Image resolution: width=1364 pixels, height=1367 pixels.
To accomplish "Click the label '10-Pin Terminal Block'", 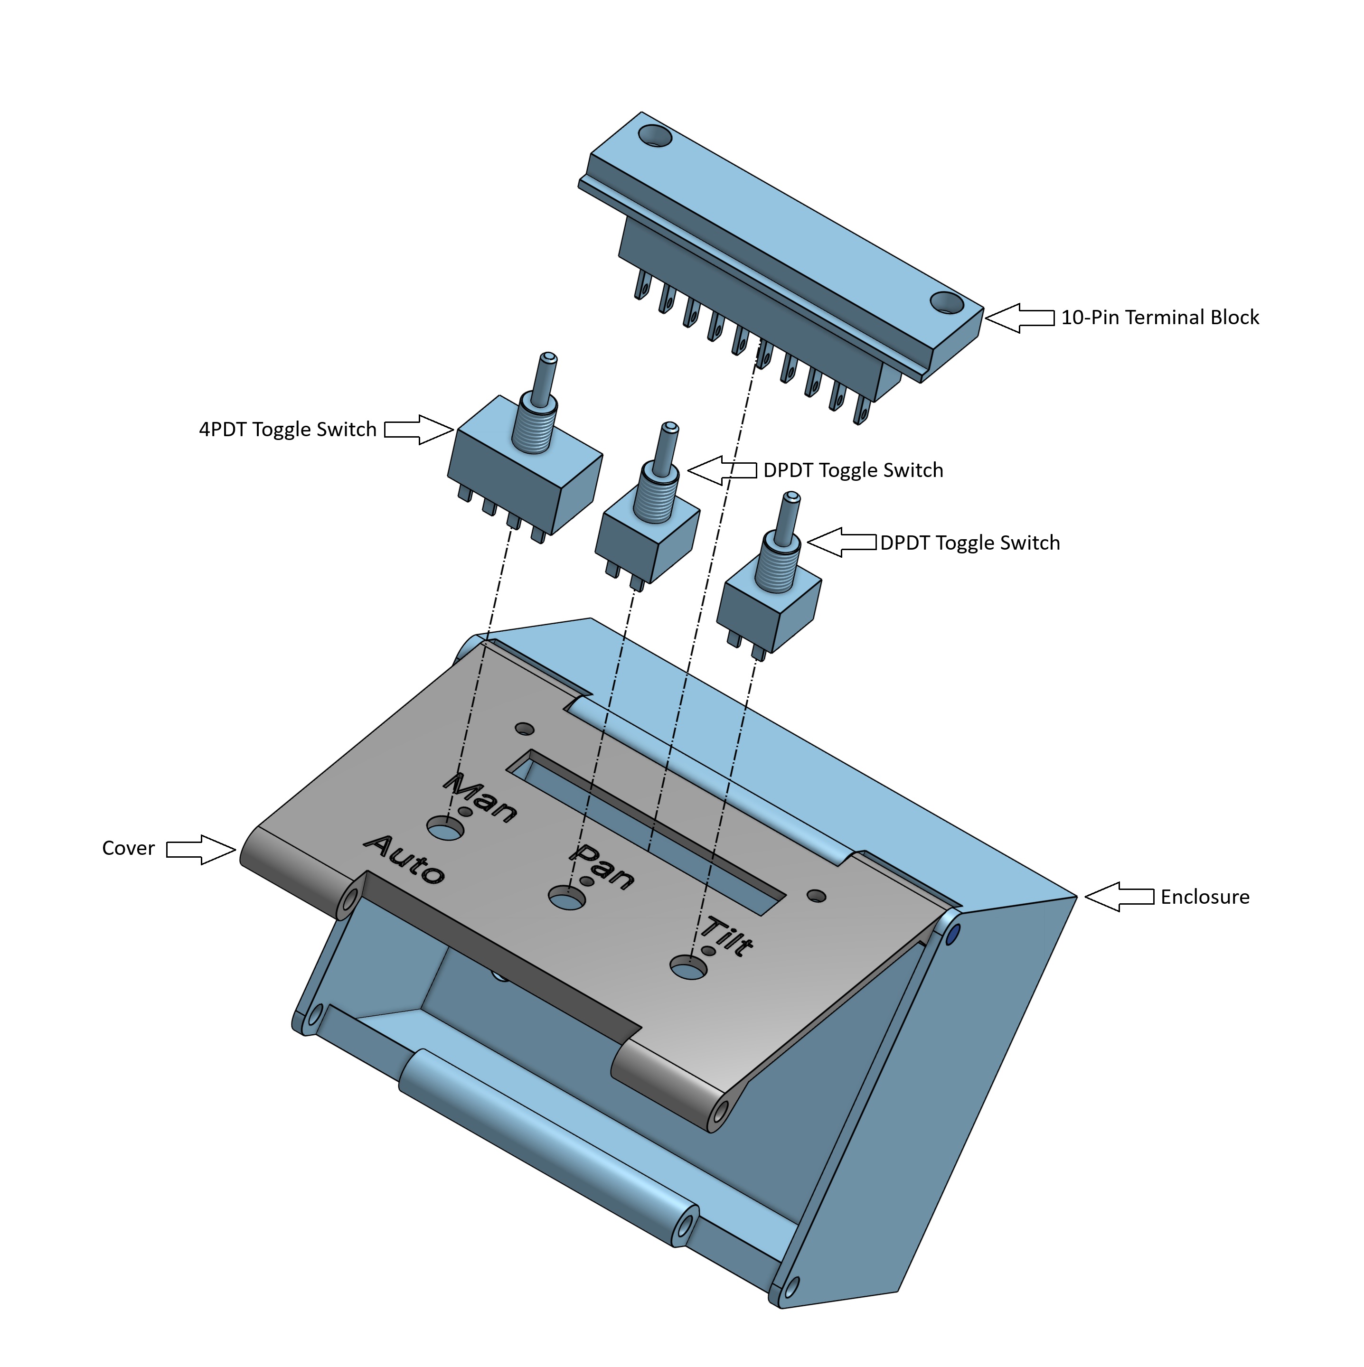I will point(1159,317).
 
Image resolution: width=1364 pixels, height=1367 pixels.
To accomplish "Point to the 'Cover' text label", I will point(128,848).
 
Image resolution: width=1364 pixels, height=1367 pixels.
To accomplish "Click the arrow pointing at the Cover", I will point(200,849).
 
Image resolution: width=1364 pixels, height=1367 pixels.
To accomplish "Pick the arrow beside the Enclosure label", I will point(1119,897).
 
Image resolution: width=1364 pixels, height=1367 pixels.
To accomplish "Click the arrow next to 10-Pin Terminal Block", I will point(1019,318).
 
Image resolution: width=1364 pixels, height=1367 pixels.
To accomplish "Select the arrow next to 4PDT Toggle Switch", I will point(418,430).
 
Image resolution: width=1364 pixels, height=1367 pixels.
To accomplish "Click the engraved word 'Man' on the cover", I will point(480,799).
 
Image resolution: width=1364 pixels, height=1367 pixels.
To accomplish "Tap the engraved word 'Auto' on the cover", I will point(404,859).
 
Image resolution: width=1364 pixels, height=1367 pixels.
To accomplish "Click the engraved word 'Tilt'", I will point(727,936).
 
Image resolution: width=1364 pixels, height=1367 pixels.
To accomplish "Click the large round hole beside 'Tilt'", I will point(689,967).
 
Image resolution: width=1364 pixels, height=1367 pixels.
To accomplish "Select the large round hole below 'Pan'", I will point(567,898).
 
